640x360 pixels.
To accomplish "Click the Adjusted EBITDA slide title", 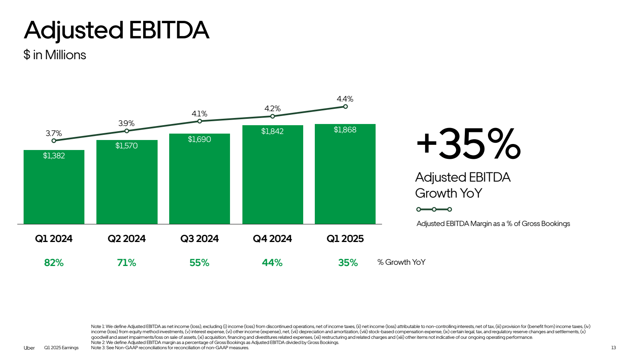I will (x=116, y=30).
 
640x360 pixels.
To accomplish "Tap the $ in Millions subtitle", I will (x=55, y=55).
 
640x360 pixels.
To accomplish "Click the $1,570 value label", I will (x=126, y=146).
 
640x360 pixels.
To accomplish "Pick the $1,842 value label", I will (x=272, y=131).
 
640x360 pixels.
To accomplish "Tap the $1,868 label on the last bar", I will (x=345, y=130).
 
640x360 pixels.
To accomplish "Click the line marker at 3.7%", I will (x=54, y=140).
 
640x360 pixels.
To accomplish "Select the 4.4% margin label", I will (x=345, y=99).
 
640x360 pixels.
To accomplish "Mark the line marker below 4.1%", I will (x=200, y=121).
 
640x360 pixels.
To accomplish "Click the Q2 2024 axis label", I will (x=126, y=239).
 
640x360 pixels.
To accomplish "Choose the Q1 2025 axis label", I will (x=345, y=239).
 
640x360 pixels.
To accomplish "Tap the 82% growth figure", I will (x=54, y=263).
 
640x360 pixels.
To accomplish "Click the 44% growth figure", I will (x=272, y=263).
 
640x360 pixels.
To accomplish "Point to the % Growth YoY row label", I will (x=401, y=262).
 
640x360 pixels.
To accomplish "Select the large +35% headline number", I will (x=468, y=144).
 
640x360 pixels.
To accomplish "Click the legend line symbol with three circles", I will (x=434, y=209).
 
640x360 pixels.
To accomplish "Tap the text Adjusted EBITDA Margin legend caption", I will (x=493, y=224).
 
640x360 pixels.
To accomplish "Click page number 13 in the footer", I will (x=613, y=348).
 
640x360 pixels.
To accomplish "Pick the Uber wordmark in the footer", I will (x=29, y=348).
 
